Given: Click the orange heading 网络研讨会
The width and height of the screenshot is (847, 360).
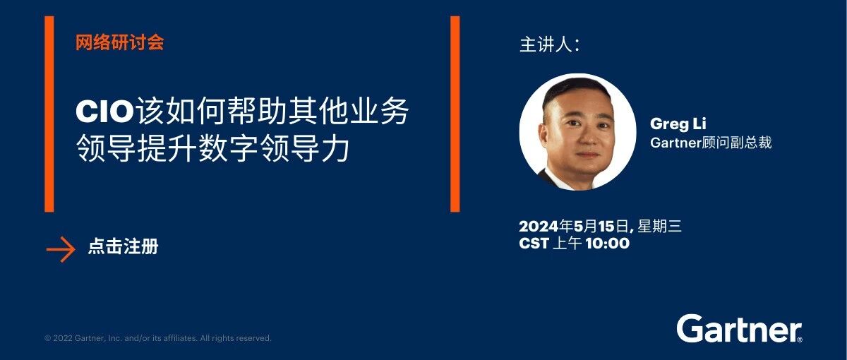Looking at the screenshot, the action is (x=119, y=42).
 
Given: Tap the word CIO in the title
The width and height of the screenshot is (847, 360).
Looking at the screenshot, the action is (x=105, y=112).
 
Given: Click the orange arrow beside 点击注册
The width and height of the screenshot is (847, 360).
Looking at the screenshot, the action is (x=61, y=249).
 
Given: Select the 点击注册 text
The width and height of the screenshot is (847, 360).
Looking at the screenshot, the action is (x=123, y=246).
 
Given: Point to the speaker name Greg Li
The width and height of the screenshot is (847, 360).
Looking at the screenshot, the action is (x=678, y=124).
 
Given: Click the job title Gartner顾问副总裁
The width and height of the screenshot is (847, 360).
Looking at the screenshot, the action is (x=711, y=143).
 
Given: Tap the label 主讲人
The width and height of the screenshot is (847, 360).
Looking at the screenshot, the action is (x=549, y=44).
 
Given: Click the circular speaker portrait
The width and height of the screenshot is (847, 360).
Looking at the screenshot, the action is (x=578, y=131).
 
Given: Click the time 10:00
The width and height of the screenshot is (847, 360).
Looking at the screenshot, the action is (x=608, y=243).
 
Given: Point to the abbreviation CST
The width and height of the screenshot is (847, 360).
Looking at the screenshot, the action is (x=534, y=243).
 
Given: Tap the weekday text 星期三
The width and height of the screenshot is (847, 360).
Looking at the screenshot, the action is (x=659, y=226).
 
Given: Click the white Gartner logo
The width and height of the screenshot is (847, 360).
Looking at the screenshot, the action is (x=739, y=329).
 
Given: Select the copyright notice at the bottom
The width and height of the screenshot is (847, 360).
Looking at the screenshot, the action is (x=158, y=338).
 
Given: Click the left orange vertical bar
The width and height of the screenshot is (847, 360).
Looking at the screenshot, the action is (x=49, y=114).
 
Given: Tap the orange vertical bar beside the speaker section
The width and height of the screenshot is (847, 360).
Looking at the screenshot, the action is (x=455, y=114).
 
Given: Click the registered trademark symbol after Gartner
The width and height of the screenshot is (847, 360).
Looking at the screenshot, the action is (x=799, y=340).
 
